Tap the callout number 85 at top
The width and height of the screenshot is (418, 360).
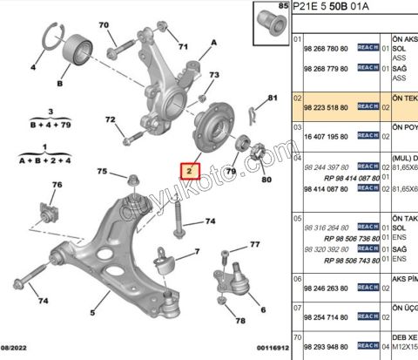click(282, 7)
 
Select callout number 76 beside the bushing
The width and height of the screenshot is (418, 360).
click(57, 185)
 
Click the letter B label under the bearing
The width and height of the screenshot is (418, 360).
click(60, 84)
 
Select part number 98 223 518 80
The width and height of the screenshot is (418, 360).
click(325, 107)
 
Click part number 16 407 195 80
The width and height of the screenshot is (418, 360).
click(325, 136)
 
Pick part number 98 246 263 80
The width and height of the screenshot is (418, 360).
click(325, 287)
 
